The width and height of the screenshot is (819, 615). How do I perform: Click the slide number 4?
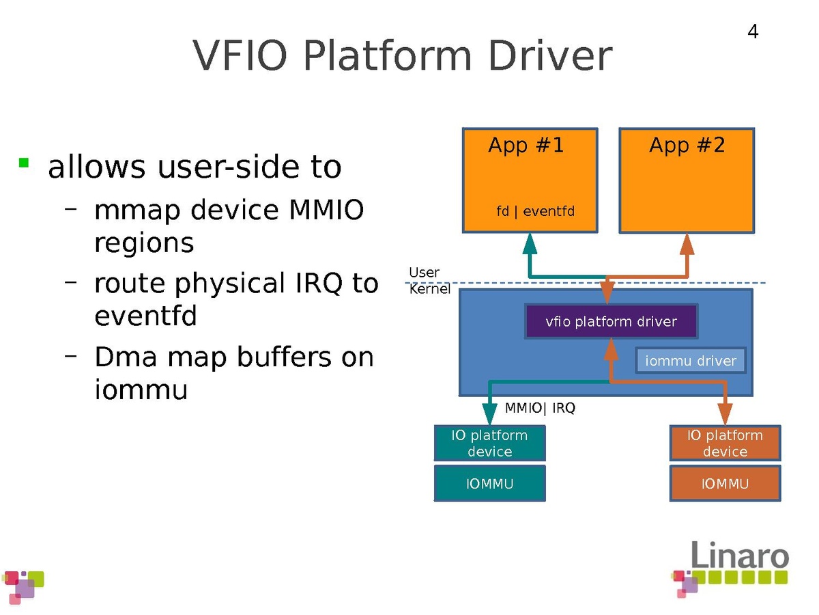click(753, 32)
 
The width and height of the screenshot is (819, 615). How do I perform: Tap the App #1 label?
click(526, 145)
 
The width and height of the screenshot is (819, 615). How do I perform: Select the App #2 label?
click(687, 145)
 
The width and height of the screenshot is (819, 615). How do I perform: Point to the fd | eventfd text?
click(536, 211)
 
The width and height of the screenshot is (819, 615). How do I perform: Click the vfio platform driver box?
click(612, 321)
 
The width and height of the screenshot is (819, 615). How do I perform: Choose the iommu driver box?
click(691, 361)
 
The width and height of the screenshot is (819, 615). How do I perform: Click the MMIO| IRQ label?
click(540, 409)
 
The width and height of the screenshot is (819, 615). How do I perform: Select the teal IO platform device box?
click(489, 443)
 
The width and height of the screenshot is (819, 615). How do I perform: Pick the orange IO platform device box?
click(725, 443)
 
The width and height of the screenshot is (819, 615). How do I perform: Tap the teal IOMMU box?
click(489, 484)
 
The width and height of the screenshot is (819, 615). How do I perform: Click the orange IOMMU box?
click(725, 484)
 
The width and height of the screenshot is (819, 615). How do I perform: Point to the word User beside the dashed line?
click(424, 273)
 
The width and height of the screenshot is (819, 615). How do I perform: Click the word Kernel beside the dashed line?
click(429, 289)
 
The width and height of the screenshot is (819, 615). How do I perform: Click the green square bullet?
click(24, 163)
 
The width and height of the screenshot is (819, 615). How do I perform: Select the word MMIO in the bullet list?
click(327, 210)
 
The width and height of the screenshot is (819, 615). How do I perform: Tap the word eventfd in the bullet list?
click(145, 316)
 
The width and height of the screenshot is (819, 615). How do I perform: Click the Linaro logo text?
click(740, 555)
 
